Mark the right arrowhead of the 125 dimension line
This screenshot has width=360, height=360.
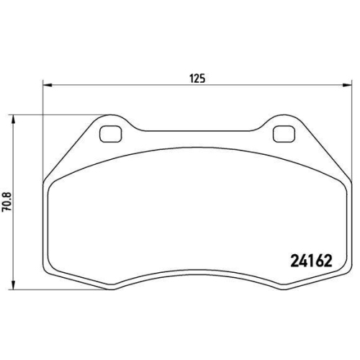345,85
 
